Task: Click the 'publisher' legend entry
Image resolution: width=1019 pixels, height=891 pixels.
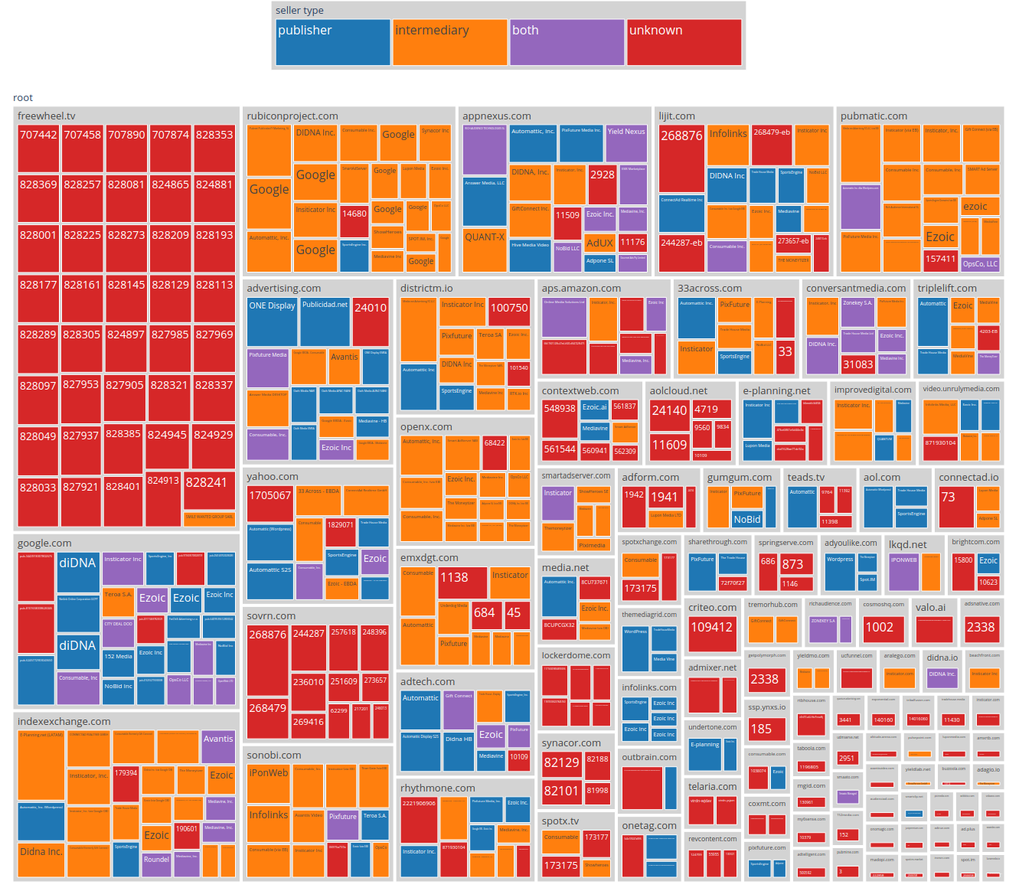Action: tap(332, 42)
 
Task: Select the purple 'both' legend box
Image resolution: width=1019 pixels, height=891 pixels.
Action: tap(567, 42)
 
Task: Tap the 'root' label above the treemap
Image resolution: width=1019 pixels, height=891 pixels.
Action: tap(23, 98)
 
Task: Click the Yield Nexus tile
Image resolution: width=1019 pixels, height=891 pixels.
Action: tap(626, 142)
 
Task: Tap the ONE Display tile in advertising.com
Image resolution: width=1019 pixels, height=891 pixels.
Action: tap(272, 321)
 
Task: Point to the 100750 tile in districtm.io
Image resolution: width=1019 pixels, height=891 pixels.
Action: tap(509, 318)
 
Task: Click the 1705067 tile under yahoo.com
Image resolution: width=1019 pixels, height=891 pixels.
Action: tap(269, 504)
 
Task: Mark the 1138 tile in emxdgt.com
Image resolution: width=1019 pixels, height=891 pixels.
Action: tap(462, 582)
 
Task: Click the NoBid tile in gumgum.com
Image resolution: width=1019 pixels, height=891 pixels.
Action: tap(747, 519)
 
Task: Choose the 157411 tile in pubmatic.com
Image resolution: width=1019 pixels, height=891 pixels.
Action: tap(940, 259)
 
